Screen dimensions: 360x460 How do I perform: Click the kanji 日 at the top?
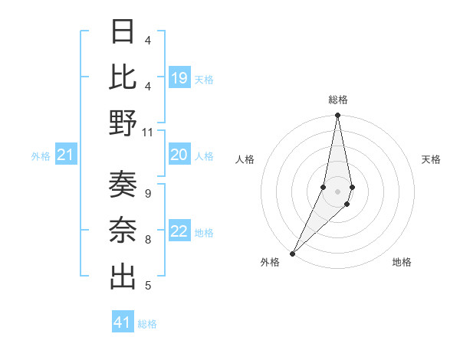coord(123,33)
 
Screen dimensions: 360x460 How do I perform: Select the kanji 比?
coord(123,77)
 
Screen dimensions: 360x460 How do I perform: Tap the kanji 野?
coord(123,123)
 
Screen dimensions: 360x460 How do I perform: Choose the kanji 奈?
coord(123,231)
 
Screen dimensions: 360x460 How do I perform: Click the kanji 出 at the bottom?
coord(123,277)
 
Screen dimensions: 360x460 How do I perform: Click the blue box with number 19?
coord(179,77)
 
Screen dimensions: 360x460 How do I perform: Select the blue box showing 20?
coord(179,155)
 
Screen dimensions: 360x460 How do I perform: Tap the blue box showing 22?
coord(179,232)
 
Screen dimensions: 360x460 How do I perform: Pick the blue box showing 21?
coord(65,155)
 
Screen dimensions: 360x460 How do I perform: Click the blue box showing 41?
coord(123,322)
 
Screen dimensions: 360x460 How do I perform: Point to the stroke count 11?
coord(147,132)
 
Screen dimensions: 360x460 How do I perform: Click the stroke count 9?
coord(147,193)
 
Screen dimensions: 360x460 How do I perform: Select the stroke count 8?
coord(147,240)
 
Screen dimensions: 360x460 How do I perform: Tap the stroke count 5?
coord(147,286)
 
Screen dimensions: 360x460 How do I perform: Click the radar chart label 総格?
coord(337,100)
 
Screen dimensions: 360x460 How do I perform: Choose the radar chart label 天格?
coord(431,159)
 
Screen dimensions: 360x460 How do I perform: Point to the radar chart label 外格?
coord(270,262)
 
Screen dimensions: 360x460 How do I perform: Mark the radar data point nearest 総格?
coord(337,116)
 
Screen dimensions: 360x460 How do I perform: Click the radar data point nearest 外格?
coord(293,253)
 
